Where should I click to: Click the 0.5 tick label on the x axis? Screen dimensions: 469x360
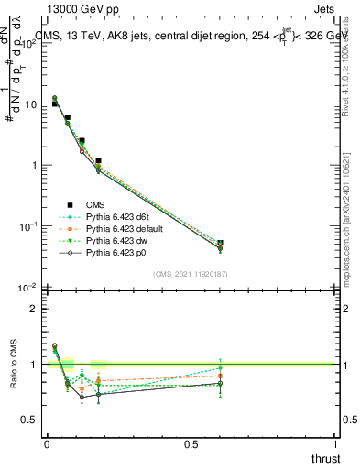(x=191, y=444)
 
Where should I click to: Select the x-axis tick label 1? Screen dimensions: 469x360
(x=335, y=444)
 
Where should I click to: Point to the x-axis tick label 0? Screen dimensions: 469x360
(x=47, y=444)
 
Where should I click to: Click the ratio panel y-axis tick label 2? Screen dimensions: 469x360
(x=33, y=309)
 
